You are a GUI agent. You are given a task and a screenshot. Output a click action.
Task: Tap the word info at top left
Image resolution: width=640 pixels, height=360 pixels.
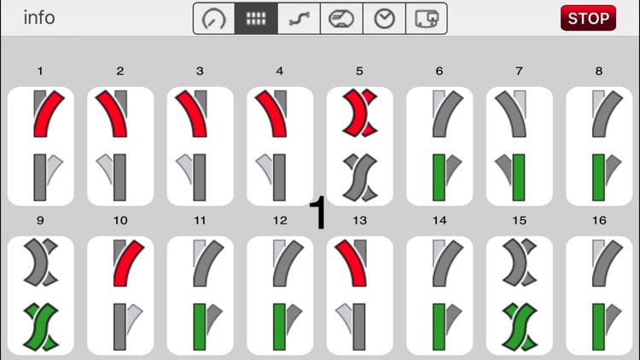click(39, 18)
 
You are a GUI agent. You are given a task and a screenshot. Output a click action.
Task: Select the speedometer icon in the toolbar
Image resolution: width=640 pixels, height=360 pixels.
click(214, 19)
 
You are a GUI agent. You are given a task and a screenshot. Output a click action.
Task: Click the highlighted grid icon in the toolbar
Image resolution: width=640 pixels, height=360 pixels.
click(256, 19)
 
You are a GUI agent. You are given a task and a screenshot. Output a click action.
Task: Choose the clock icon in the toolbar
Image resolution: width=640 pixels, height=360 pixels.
click(385, 19)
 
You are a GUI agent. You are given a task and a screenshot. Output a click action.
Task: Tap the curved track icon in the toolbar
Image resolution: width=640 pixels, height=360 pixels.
click(300, 19)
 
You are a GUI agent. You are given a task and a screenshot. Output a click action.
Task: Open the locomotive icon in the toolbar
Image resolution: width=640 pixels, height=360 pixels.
click(341, 19)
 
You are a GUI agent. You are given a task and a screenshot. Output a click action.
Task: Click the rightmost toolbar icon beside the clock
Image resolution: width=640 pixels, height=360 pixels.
click(427, 19)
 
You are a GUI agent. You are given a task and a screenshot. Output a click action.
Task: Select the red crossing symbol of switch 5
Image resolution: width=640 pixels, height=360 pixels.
click(359, 113)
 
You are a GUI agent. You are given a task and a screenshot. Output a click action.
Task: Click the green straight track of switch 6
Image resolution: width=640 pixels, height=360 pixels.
click(439, 177)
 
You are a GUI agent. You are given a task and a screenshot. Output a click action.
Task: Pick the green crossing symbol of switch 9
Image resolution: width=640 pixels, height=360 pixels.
click(40, 327)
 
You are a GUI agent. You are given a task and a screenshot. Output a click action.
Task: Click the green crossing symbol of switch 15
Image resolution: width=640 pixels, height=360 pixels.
click(519, 327)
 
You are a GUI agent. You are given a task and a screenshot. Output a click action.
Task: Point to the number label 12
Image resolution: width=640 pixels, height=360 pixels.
click(280, 221)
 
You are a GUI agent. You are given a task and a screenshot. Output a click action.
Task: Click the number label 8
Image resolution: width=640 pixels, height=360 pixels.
click(599, 71)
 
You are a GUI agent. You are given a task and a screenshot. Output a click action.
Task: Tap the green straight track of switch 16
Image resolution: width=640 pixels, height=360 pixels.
click(598, 327)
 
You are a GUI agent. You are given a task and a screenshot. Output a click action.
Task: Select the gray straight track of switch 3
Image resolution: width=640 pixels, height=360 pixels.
click(200, 177)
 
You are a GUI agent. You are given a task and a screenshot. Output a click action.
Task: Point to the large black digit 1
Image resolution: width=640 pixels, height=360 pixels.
click(318, 212)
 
